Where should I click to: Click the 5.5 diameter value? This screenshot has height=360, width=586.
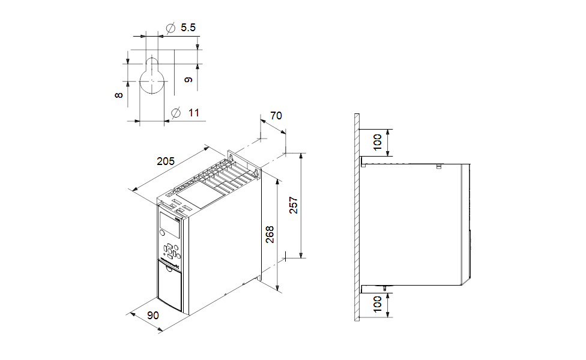[x=188, y=28]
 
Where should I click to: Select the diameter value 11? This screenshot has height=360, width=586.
[x=193, y=112]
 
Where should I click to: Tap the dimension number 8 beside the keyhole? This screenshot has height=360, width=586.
[x=120, y=95]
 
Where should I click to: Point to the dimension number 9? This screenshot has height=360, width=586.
[x=189, y=79]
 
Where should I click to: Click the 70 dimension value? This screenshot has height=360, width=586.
[x=276, y=116]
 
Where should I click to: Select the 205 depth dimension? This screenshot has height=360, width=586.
[x=165, y=161]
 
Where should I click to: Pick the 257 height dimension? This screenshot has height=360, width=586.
[x=294, y=205]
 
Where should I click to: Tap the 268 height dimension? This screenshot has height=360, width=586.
[x=270, y=234]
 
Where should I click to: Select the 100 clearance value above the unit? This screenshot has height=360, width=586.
[x=378, y=142]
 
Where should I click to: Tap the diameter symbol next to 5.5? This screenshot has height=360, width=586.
[x=170, y=28]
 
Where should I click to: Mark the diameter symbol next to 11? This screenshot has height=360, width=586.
[x=176, y=112]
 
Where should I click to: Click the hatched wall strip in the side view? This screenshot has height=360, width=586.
[x=357, y=216]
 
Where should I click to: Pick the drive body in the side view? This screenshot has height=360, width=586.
[x=414, y=222]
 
